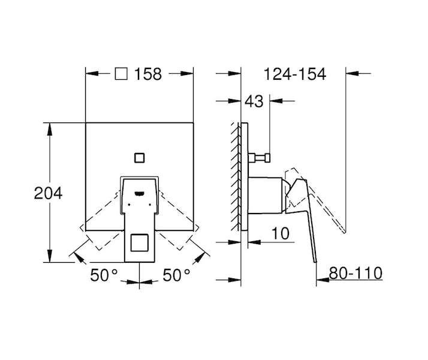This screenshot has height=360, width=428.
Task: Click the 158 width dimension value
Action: click(148, 74)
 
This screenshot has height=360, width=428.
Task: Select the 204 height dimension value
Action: click(49, 193)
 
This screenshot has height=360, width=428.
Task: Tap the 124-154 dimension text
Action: click(295, 74)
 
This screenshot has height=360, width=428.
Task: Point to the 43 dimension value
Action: click(254, 101)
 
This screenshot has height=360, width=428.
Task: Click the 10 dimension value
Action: click(281, 233)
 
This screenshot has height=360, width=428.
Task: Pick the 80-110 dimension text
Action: click(355, 273)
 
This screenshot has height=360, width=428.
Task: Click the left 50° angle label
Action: click(104, 275)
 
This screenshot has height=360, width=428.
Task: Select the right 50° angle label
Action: click(176, 275)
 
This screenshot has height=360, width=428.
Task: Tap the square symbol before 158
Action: click(121, 74)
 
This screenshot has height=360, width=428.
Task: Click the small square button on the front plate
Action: click(140, 158)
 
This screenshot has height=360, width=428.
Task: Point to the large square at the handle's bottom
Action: click(140, 242)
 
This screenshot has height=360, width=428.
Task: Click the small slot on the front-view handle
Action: click(140, 194)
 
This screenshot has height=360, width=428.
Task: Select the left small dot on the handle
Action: click(129, 204)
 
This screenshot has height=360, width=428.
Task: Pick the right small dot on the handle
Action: click(150, 204)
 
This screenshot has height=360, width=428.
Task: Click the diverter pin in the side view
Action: click(259, 158)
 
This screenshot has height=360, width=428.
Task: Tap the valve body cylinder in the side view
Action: click(265, 195)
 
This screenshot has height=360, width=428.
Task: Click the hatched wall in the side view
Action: click(236, 177)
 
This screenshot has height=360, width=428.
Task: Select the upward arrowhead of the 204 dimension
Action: click(49, 129)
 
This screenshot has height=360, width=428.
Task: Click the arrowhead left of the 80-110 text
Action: click(322, 280)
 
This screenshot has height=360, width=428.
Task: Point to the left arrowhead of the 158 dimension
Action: click(92, 74)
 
